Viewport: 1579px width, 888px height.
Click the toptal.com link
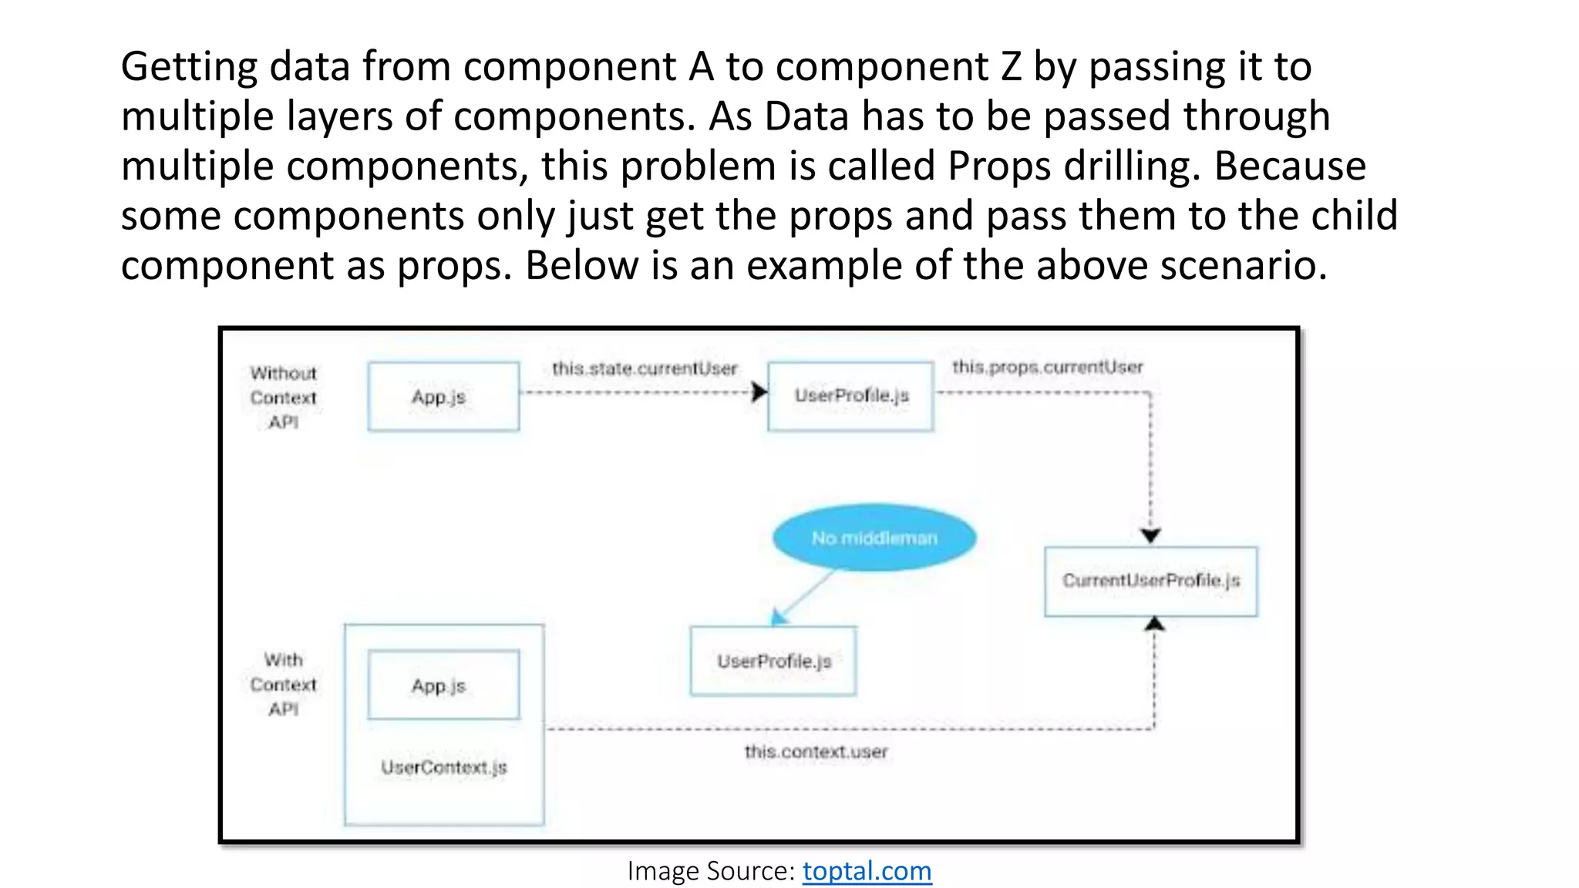coord(867,871)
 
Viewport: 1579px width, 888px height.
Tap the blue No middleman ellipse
coord(874,537)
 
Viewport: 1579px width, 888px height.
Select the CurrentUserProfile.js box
coord(1150,581)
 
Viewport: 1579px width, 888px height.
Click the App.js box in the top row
coord(443,396)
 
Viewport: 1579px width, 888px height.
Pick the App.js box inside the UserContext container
coord(443,684)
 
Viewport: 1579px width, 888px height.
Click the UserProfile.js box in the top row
coord(850,395)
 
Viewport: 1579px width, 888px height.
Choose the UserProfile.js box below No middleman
coord(773,661)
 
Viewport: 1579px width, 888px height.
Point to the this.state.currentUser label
coord(645,368)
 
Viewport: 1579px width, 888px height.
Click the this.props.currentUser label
coord(1047,367)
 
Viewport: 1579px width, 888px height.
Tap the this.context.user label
coord(816,752)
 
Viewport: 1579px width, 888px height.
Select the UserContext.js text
coord(444,767)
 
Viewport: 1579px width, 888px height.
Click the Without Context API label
coord(283,398)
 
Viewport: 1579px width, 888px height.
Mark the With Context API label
coord(283,684)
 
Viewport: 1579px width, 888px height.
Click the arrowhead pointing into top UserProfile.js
coord(759,392)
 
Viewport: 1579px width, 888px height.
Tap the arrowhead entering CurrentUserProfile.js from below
coord(1153,624)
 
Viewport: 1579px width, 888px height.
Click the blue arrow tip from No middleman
coord(778,617)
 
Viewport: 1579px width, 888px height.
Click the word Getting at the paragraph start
coord(189,67)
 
